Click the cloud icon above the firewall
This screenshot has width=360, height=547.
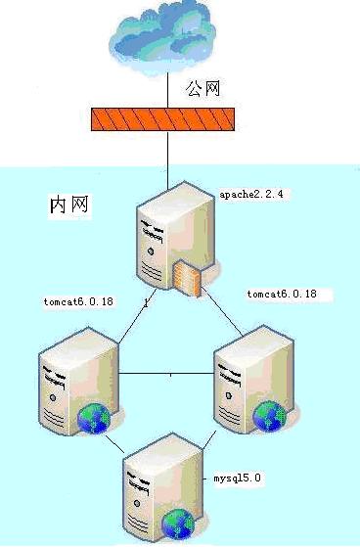click(161, 37)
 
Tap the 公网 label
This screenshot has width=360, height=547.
click(202, 88)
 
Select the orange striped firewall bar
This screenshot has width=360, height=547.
click(162, 119)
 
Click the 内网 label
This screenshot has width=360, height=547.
click(69, 205)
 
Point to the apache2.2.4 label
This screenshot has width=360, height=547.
click(251, 195)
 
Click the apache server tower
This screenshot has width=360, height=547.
click(176, 237)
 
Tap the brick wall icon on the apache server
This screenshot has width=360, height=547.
click(186, 278)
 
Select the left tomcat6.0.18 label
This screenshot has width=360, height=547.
click(78, 301)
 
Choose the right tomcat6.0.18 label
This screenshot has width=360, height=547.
click(282, 295)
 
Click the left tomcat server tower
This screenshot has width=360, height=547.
click(78, 381)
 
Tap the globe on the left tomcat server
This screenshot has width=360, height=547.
click(94, 418)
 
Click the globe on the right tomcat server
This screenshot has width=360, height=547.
click(269, 417)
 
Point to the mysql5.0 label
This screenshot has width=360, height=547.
click(237, 478)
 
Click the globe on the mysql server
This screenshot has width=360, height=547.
click(178, 524)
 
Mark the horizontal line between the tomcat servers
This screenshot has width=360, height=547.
click(166, 374)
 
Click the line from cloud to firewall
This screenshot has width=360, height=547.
click(168, 90)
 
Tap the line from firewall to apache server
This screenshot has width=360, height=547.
click(168, 160)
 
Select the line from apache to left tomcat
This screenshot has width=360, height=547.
click(137, 317)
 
